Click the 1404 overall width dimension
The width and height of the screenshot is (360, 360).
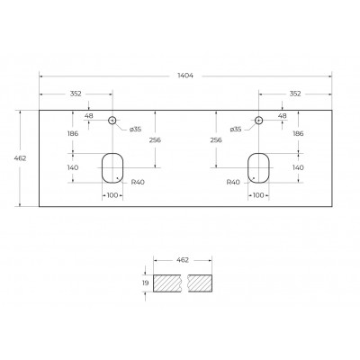point(185,76)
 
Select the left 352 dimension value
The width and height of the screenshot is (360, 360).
point(76,94)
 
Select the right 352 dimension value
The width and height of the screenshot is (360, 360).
point(295,94)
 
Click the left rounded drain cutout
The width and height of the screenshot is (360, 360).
point(102,168)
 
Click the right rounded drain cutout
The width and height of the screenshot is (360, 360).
point(247,168)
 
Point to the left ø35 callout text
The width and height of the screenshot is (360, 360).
point(135,130)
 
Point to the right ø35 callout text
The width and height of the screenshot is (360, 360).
point(236,130)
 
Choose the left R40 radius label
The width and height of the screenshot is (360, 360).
point(138,182)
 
